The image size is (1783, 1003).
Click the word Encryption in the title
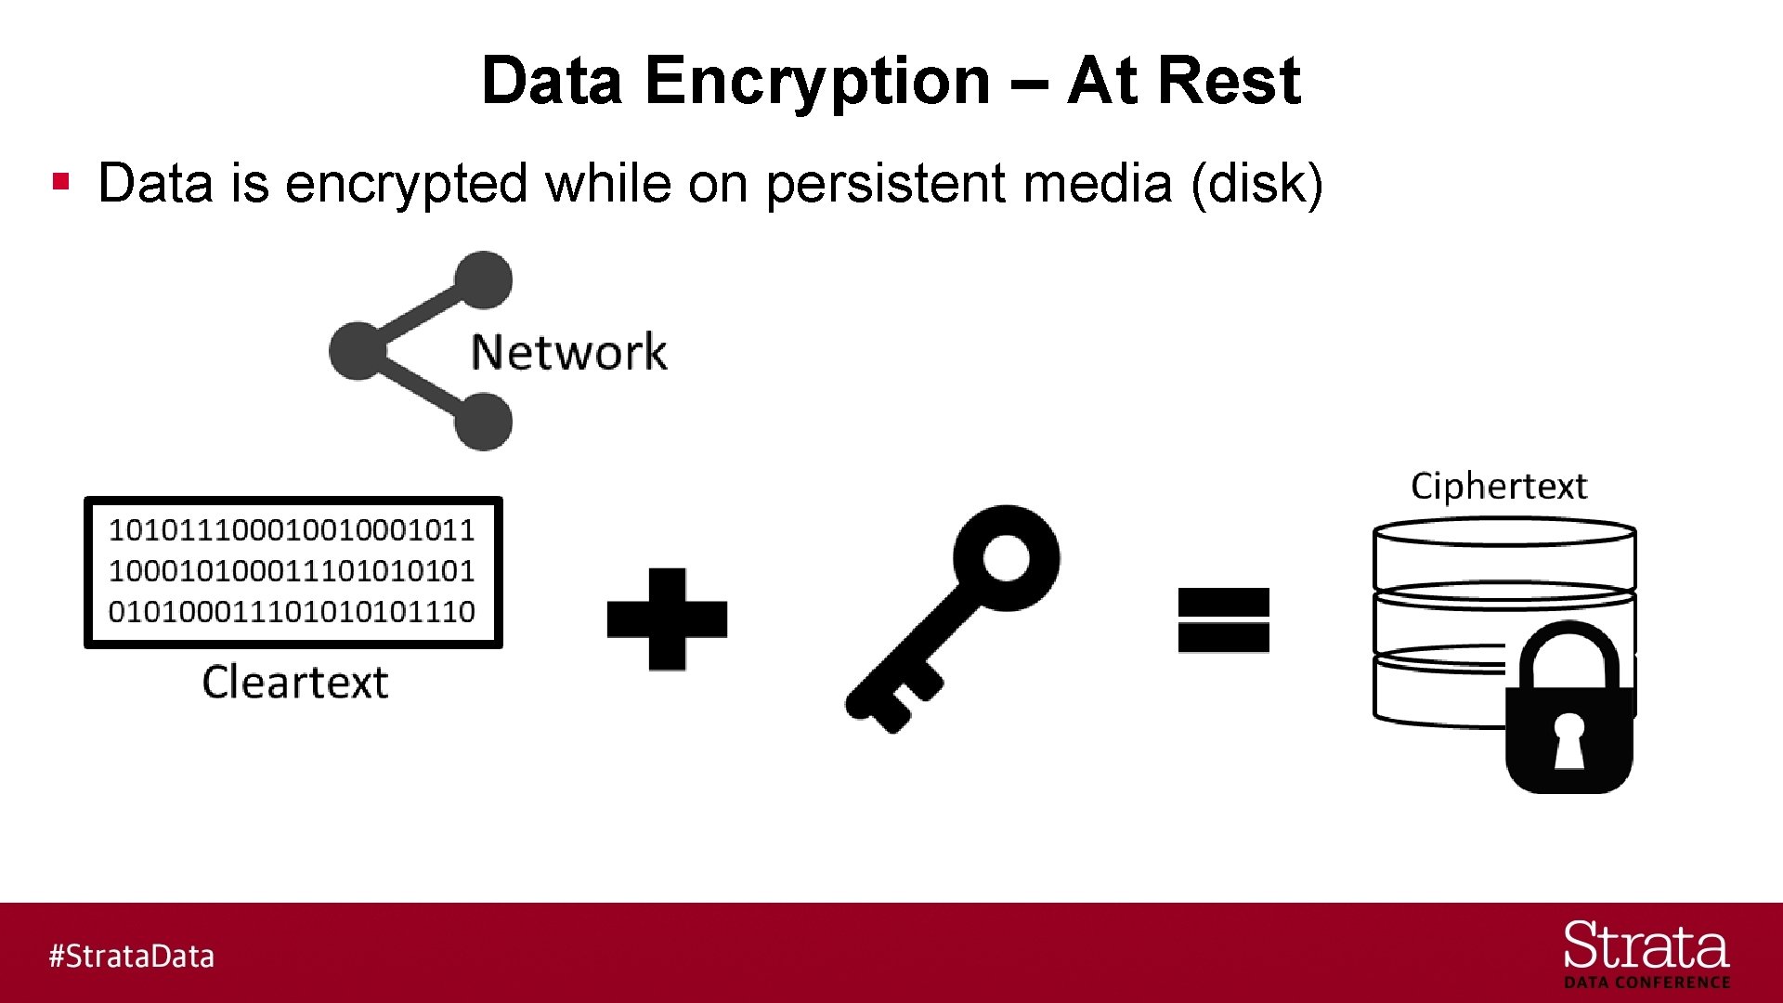(x=817, y=82)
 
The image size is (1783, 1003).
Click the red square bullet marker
(x=62, y=181)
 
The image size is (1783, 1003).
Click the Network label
(x=568, y=352)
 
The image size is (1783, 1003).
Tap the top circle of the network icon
(x=483, y=280)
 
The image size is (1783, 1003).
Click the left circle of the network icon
(x=358, y=351)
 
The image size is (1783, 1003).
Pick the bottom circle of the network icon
(x=483, y=423)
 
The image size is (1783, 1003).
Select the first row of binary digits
(x=292, y=530)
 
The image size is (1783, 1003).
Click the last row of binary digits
(x=292, y=611)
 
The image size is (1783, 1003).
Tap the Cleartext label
(x=295, y=683)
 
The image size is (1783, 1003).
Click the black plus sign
(x=667, y=619)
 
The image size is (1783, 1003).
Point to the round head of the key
(x=1007, y=557)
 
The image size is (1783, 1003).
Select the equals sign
(x=1223, y=619)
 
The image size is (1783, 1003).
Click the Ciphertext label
(x=1499, y=487)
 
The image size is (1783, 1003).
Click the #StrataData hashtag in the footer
(x=132, y=956)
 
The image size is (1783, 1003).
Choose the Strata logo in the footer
(x=1646, y=953)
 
